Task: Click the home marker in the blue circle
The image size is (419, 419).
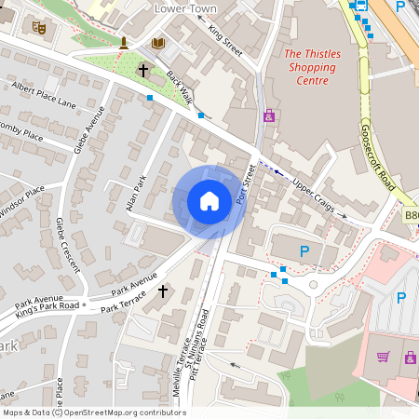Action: [x=209, y=201]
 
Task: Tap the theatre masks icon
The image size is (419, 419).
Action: [x=39, y=29]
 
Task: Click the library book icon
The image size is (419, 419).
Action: [x=158, y=43]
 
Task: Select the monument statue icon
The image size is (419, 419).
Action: [x=122, y=43]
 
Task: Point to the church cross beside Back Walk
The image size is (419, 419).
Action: [x=144, y=70]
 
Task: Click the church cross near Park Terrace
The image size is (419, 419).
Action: [x=163, y=291]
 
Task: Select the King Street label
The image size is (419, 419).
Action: [x=225, y=42]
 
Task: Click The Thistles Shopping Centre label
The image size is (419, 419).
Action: [x=313, y=67]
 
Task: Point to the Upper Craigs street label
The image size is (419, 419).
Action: [x=312, y=194]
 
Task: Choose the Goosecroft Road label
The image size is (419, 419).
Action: [x=378, y=157]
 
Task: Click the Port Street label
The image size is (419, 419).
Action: [x=246, y=184]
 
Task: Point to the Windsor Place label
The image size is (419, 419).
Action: [x=20, y=202]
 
